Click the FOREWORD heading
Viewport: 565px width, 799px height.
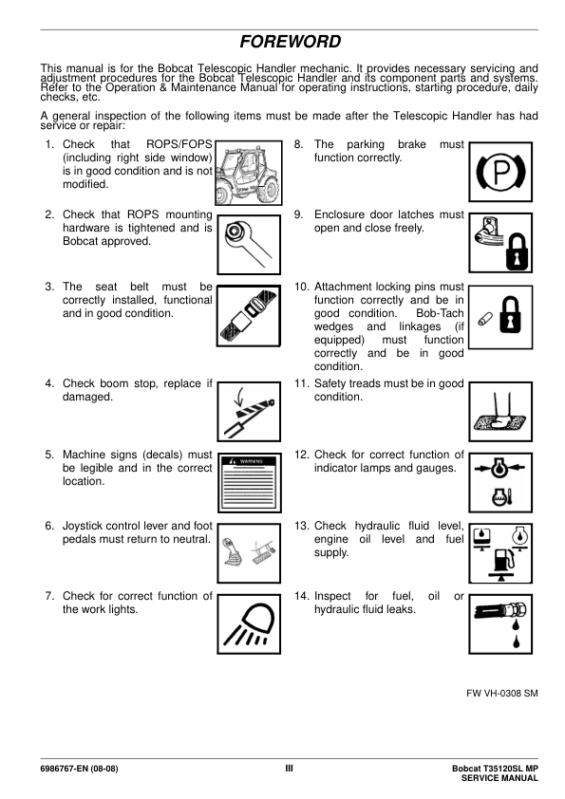point(291,42)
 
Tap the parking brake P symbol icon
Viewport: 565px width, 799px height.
point(500,173)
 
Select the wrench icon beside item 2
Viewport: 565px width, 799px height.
point(249,245)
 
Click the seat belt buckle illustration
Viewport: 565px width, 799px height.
point(249,316)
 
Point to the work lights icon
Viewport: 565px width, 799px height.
point(249,624)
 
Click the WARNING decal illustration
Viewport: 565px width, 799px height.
point(250,483)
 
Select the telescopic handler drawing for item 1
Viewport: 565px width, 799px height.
point(249,174)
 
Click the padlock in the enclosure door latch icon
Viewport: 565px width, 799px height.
point(517,252)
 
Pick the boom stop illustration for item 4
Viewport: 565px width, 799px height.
point(249,412)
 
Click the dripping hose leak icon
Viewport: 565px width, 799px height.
point(500,624)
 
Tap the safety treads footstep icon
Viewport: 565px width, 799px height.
point(500,412)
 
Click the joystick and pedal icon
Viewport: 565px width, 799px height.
point(249,553)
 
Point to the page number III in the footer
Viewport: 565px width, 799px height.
point(289,769)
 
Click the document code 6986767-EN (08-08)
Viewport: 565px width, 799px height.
point(79,769)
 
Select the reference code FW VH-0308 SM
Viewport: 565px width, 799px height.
point(502,693)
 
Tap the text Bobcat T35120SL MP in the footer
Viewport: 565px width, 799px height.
point(495,769)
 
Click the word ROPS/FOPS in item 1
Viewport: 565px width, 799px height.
point(179,144)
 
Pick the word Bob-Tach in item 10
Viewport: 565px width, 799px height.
point(440,313)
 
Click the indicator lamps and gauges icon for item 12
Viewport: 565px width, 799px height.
point(500,483)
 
